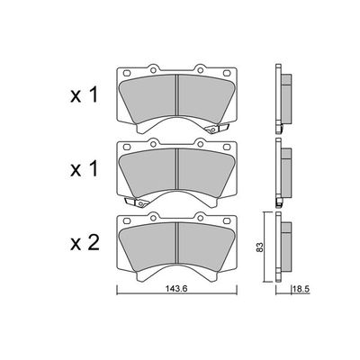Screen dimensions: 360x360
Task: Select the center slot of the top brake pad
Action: [x=177, y=94]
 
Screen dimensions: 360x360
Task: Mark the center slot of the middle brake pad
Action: [x=177, y=167]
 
